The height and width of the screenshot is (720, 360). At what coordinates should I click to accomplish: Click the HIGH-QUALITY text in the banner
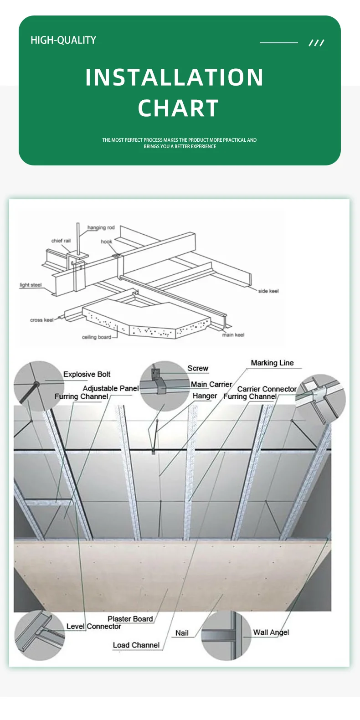click(63, 40)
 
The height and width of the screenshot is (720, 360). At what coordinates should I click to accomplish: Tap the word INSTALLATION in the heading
click(175, 77)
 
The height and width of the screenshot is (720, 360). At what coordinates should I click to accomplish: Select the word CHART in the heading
click(179, 108)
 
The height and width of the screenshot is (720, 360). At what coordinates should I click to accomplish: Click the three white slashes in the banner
click(316, 43)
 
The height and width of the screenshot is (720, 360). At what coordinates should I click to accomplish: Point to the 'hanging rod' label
click(101, 227)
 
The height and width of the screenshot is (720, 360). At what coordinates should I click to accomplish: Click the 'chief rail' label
click(61, 241)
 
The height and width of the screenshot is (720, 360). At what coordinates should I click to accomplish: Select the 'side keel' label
click(268, 291)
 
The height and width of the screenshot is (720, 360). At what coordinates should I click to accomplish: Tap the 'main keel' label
click(233, 335)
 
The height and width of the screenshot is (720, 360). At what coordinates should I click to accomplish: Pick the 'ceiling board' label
click(96, 337)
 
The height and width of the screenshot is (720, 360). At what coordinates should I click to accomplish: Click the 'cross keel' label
click(41, 320)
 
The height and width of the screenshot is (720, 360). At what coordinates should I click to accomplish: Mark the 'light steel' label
click(30, 285)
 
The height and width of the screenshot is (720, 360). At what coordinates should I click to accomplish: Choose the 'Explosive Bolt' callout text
click(87, 374)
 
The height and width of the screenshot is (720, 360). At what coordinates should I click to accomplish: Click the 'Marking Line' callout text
click(272, 363)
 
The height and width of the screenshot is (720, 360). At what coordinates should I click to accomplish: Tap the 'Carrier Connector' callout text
click(267, 389)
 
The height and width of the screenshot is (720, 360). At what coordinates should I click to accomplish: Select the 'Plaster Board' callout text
click(130, 618)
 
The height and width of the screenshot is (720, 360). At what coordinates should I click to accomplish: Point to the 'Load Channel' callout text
click(136, 645)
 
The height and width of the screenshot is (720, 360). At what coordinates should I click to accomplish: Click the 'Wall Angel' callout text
click(271, 632)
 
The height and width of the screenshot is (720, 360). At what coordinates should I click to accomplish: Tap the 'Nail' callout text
click(182, 633)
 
